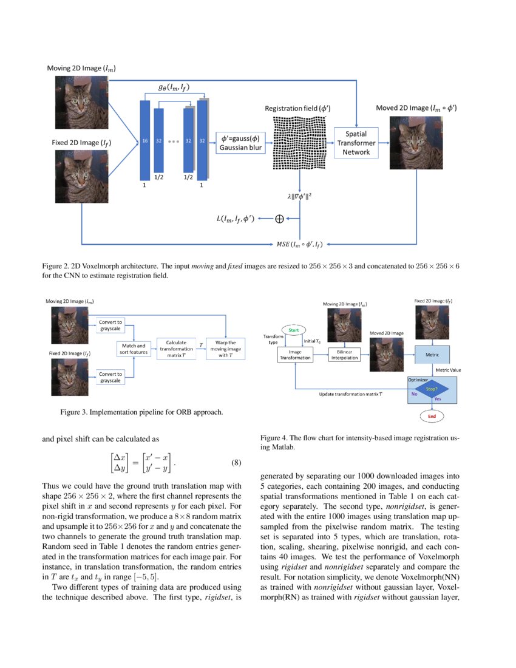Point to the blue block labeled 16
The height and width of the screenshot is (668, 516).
(x=144, y=140)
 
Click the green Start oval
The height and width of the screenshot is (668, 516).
(x=293, y=330)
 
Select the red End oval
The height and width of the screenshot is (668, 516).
(x=432, y=417)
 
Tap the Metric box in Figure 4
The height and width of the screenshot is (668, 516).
(x=432, y=354)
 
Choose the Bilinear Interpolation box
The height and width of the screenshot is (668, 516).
(x=344, y=355)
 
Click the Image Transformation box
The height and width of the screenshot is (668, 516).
(x=294, y=355)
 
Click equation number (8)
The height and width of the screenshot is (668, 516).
(x=237, y=463)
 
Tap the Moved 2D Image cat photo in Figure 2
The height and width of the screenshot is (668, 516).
(x=416, y=144)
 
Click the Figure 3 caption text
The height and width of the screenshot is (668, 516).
(x=141, y=412)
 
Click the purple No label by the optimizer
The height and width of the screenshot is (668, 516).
(x=415, y=394)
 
